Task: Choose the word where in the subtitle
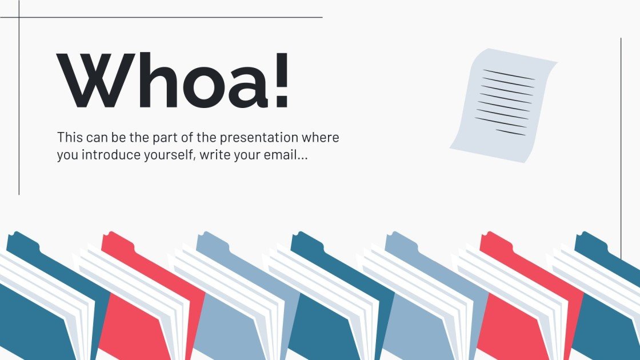323,138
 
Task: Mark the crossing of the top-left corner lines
19,17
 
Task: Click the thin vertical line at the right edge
621,143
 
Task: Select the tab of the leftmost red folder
113,237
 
